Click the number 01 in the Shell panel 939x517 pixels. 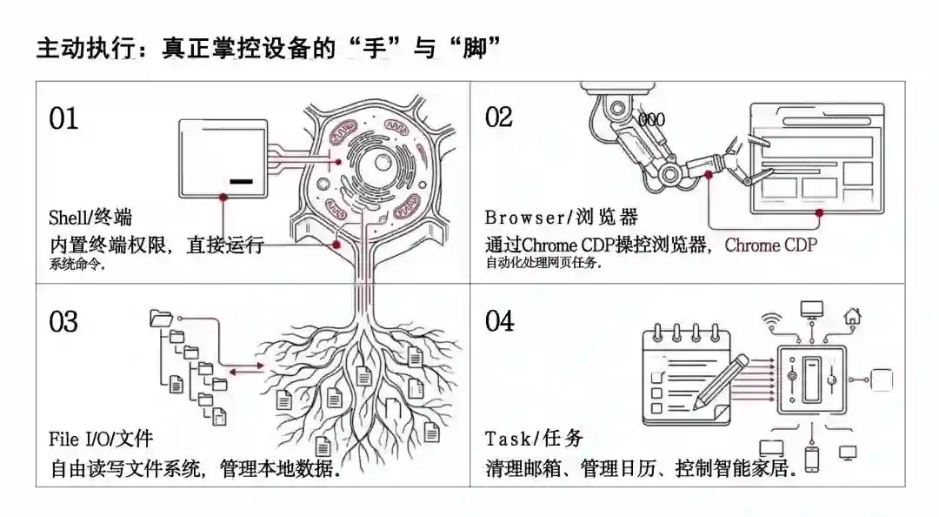click(63, 118)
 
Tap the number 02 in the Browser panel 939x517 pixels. click(499, 117)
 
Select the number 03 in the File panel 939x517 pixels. click(63, 322)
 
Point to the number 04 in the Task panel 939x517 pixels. click(500, 321)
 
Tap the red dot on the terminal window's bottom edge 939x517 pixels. click(223, 198)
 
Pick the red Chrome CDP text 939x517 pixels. click(771, 245)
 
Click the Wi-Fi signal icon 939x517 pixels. click(771, 318)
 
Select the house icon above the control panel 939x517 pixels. click(853, 315)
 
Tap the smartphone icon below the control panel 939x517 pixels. click(811, 459)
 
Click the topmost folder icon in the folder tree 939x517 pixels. click(161, 318)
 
